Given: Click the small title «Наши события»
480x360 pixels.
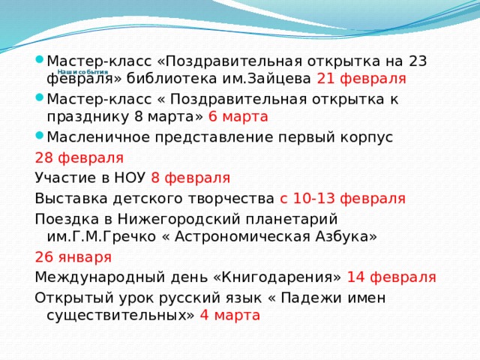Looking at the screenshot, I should click(x=82, y=71).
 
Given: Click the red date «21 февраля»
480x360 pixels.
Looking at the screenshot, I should click(x=361, y=78).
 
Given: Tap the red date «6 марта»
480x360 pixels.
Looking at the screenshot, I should click(x=238, y=116).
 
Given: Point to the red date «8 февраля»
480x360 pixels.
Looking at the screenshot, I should click(x=190, y=178).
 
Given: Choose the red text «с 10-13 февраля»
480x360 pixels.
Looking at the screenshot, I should click(x=343, y=198).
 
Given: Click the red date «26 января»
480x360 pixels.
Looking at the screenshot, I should click(x=73, y=257).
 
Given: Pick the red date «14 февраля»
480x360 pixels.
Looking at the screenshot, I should click(x=391, y=277).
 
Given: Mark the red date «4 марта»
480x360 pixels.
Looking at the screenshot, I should click(x=229, y=314).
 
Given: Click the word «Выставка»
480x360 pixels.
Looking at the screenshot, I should click(x=70, y=198).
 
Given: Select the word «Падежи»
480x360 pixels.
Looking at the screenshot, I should click(x=319, y=298).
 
